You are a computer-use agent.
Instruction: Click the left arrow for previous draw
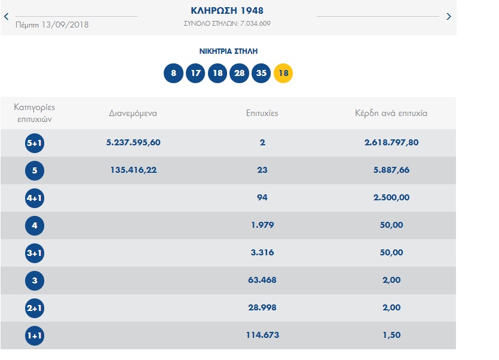6,16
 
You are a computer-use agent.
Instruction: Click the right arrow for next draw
449,16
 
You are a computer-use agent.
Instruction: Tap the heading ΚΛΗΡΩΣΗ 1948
227,11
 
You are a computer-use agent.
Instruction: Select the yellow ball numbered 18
283,74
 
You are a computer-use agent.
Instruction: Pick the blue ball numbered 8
173,74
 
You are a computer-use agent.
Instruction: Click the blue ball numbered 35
261,74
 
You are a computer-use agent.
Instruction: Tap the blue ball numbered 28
239,74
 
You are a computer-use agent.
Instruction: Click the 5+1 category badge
35,143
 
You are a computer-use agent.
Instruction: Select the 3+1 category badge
35,253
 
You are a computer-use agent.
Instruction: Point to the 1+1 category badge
35,335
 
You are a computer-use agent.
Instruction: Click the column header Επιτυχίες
262,112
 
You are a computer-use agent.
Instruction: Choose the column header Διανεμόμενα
133,112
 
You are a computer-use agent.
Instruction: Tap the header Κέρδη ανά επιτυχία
391,112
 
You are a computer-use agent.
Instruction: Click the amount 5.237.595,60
133,142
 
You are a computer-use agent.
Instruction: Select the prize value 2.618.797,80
391,142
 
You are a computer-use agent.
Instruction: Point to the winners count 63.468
262,280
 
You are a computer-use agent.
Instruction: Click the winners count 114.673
262,335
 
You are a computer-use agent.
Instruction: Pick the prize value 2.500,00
391,197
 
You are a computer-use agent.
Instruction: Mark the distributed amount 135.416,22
134,170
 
